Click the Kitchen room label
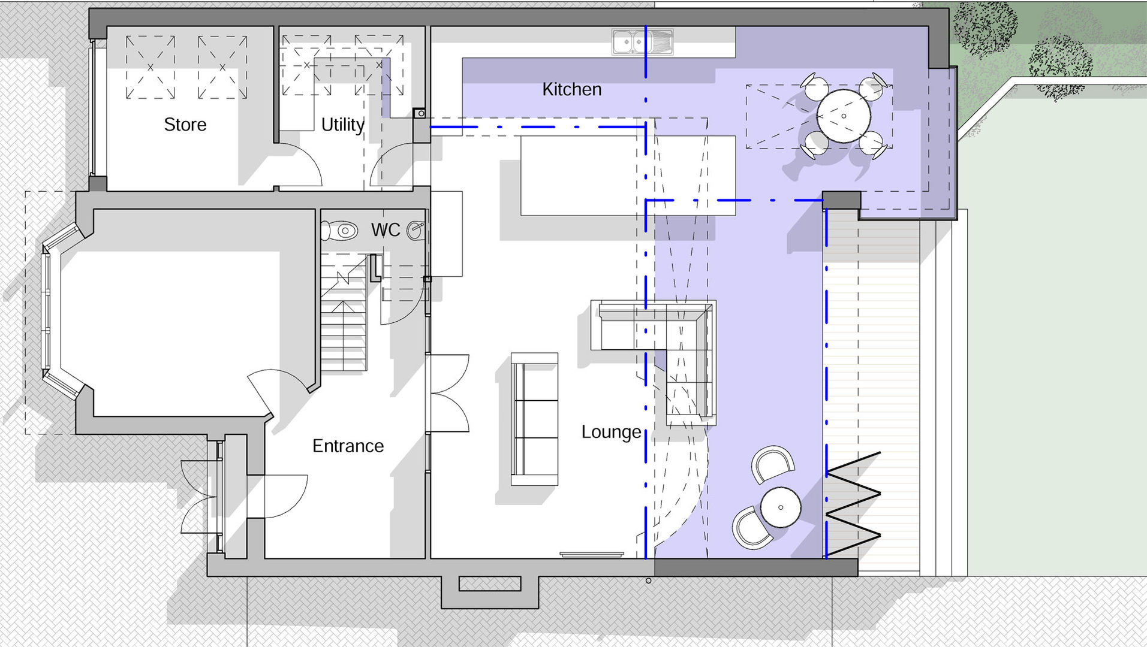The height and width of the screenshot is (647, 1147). (571, 89)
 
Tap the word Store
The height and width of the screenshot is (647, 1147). (185, 125)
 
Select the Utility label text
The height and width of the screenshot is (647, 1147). (342, 125)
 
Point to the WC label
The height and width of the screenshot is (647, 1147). (385, 230)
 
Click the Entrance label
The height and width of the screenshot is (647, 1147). (348, 446)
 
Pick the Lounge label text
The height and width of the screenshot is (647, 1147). (611, 432)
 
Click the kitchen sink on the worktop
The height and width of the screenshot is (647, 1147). (642, 42)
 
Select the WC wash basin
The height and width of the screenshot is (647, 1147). (416, 230)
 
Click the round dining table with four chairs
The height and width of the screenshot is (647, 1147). (843, 116)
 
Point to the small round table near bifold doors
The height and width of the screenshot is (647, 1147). (780, 507)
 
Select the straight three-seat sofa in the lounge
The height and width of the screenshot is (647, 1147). (534, 419)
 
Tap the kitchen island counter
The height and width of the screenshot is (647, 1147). (627, 176)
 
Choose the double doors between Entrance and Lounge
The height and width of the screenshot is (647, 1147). (448, 393)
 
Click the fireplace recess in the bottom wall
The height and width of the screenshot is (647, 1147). (489, 583)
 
